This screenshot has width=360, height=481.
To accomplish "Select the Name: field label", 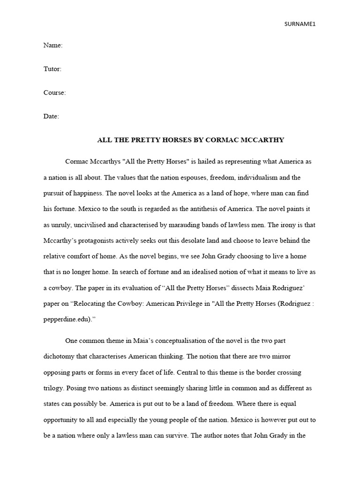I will pos(53,46).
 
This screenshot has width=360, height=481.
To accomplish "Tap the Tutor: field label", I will pos(52,69).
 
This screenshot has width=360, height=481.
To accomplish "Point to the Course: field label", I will pos(55,93).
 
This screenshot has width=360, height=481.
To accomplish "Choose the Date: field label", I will pos(51,116).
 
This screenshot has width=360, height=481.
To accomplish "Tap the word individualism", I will pos(262,178).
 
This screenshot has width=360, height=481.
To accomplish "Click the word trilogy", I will pos(53,388).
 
